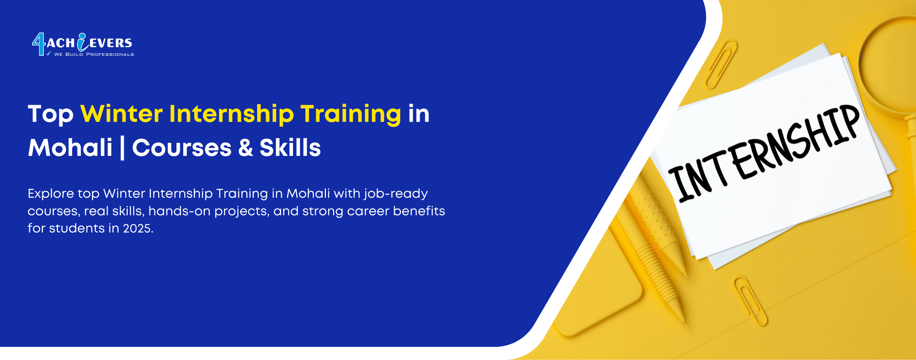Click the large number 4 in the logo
[39, 44]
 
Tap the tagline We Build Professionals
[93, 55]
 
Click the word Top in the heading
[50, 114]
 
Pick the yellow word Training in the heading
[350, 114]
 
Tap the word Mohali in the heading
[70, 148]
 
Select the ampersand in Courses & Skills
[245, 148]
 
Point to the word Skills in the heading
[290, 148]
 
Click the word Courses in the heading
[182, 148]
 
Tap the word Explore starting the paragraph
[51, 194]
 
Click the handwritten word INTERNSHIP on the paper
[763, 153]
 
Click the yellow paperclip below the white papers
[750, 301]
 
